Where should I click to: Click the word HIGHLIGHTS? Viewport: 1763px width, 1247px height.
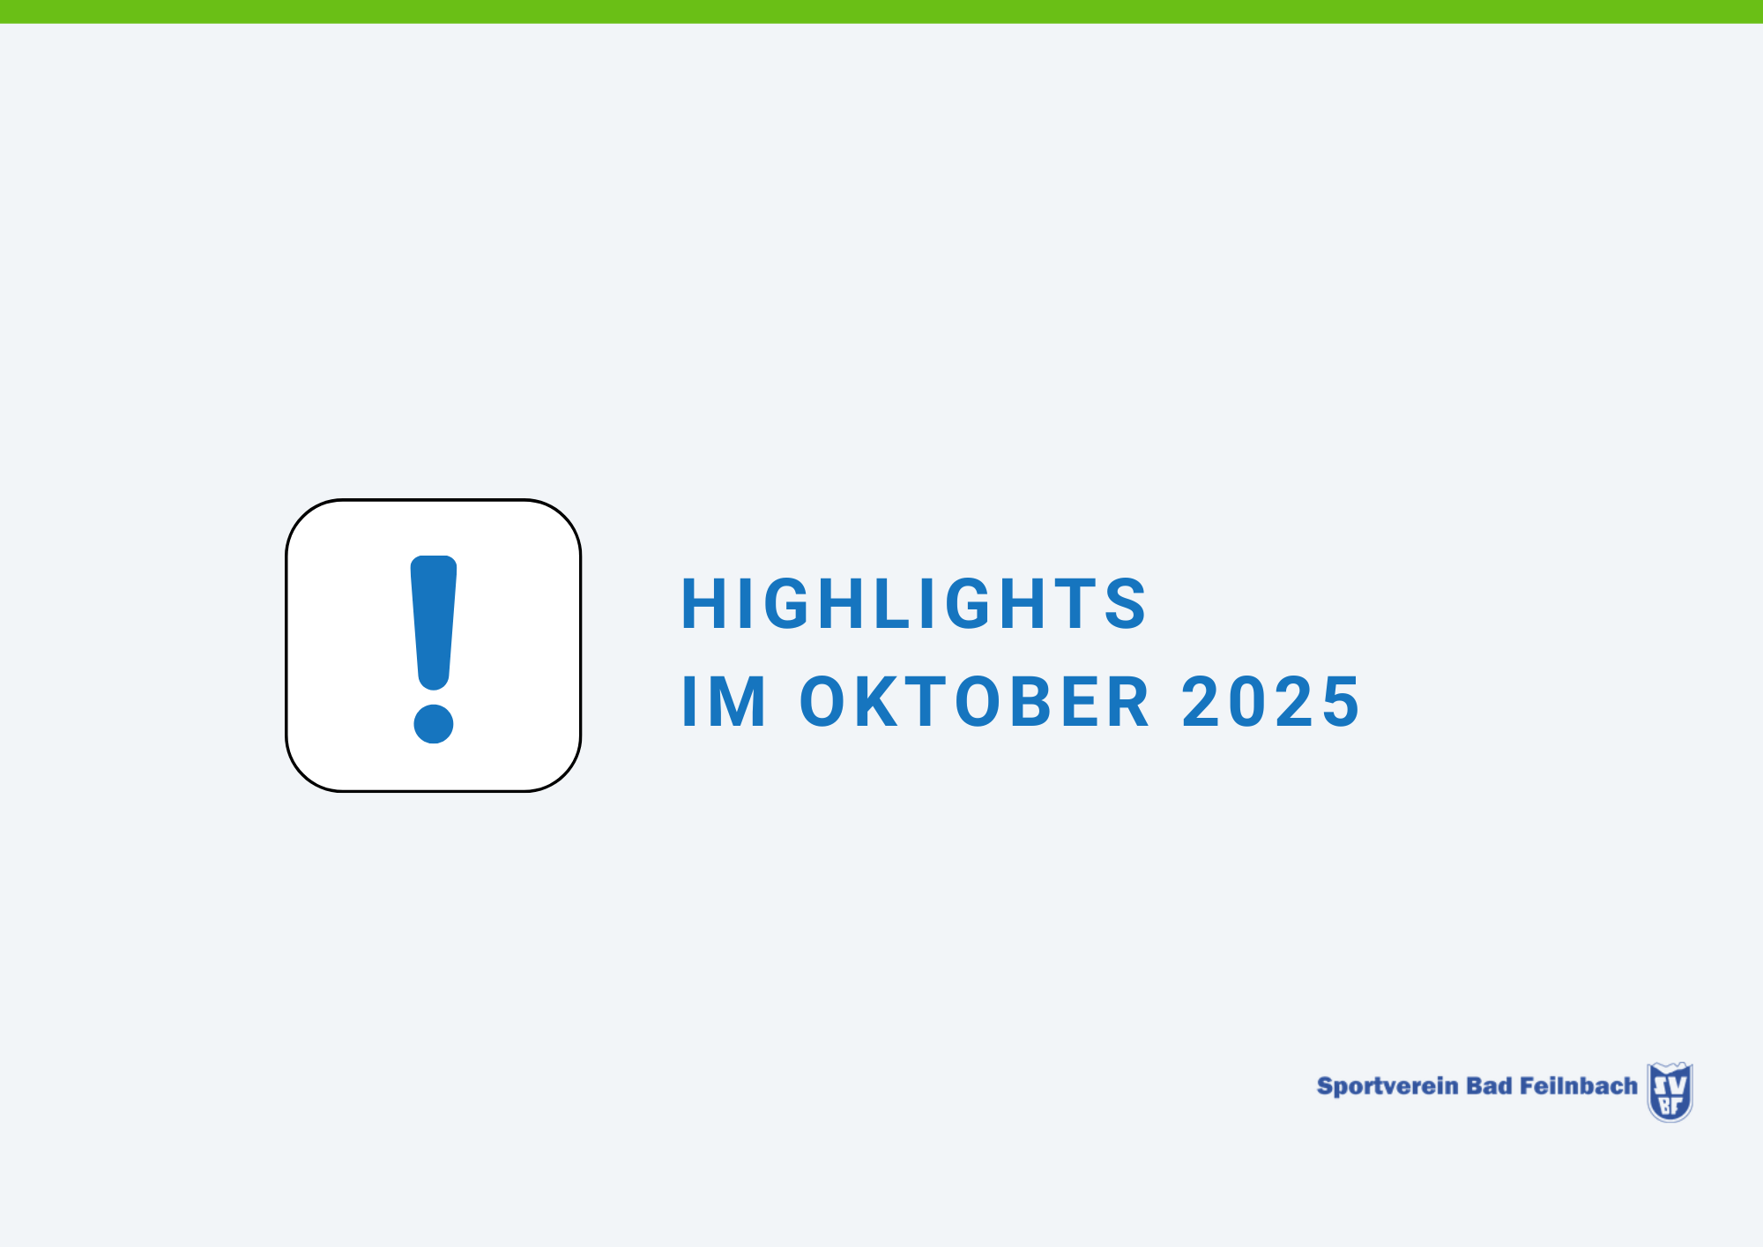click(x=914, y=604)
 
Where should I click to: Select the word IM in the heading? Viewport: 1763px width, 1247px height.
click(x=724, y=702)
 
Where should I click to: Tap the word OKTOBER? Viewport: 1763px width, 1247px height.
click(x=974, y=702)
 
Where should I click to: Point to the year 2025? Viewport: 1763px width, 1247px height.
click(x=1271, y=702)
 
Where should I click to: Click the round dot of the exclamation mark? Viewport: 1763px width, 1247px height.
click(x=434, y=724)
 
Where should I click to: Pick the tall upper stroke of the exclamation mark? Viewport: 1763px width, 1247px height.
click(x=434, y=623)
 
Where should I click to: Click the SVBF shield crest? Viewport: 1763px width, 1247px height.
click(x=1670, y=1092)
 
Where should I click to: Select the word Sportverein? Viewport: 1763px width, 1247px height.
click(x=1387, y=1086)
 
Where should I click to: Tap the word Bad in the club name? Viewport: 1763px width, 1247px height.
click(x=1489, y=1086)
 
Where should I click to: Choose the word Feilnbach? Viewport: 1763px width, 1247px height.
click(x=1579, y=1086)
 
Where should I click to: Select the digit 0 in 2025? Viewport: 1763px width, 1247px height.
click(x=1248, y=702)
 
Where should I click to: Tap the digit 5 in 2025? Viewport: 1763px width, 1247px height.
click(x=1340, y=703)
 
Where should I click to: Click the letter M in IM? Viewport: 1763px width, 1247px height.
click(x=738, y=702)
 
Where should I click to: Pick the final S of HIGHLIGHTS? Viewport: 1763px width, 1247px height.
click(x=1126, y=604)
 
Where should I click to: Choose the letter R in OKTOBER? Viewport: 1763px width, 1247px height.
click(x=1128, y=702)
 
